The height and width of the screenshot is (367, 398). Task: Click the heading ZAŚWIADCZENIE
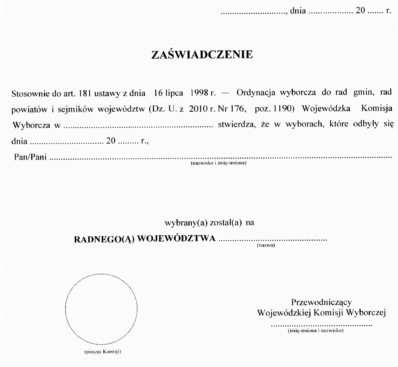[x=202, y=54]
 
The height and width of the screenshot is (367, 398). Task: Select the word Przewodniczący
[x=321, y=302]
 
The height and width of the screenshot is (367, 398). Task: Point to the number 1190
[x=283, y=109]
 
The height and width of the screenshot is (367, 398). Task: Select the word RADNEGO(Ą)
[x=103, y=238]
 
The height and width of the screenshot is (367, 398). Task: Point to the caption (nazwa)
[x=265, y=245]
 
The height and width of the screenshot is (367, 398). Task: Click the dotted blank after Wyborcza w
[x=138, y=126]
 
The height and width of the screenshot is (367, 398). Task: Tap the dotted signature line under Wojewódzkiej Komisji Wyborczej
[x=322, y=325]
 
